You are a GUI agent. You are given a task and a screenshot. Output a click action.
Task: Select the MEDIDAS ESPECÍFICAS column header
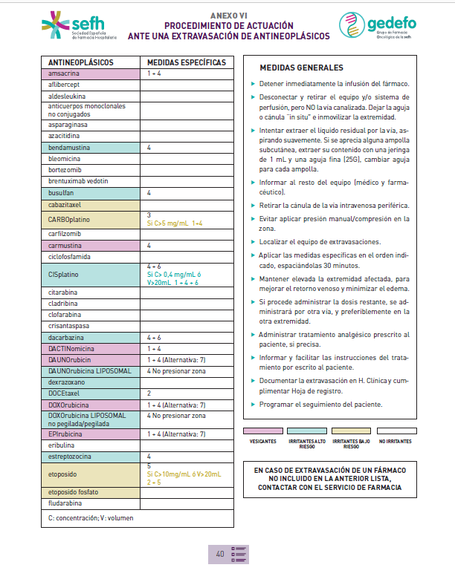click(186, 62)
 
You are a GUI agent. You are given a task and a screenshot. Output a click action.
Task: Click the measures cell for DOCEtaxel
click(186, 393)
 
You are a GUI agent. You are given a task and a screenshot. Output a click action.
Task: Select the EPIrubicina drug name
click(69, 434)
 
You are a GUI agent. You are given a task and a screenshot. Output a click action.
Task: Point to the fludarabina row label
click(68, 503)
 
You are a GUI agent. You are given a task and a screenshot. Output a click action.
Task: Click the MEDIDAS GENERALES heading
click(301, 68)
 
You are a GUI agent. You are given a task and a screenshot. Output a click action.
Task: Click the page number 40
click(220, 554)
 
